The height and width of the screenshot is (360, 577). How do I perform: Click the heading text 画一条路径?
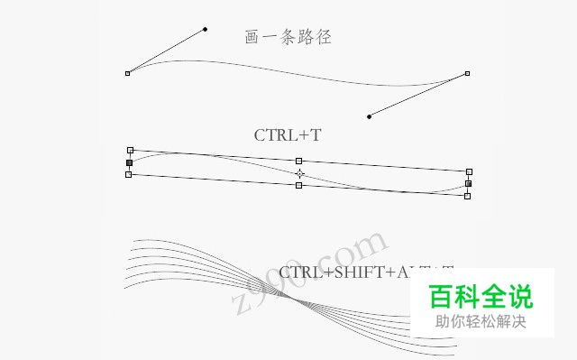(x=288, y=37)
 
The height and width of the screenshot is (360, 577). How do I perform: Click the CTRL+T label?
(x=288, y=135)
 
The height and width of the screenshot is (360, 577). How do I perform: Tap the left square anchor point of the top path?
(x=127, y=73)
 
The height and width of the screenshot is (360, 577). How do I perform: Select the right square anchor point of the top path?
(x=467, y=74)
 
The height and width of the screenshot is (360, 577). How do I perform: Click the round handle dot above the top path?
(x=205, y=29)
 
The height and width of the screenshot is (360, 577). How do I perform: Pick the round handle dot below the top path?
(x=369, y=116)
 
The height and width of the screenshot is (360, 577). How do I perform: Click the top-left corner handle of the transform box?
(x=131, y=150)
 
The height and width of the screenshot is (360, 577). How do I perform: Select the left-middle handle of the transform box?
(x=129, y=163)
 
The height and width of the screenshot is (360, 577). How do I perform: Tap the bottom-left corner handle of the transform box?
(x=128, y=175)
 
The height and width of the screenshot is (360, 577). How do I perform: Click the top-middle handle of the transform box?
(x=299, y=161)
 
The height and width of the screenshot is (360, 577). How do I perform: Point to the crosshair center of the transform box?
(x=299, y=173)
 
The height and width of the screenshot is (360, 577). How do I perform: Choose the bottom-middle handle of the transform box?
(x=299, y=185)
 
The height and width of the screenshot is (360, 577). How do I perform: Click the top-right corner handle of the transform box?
(x=469, y=171)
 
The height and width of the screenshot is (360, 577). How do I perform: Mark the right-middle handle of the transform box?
(x=468, y=183)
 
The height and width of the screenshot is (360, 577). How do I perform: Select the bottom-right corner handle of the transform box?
(x=467, y=195)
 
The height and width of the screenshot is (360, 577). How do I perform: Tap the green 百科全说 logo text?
(x=480, y=296)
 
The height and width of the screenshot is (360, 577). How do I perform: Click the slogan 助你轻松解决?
(x=480, y=322)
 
